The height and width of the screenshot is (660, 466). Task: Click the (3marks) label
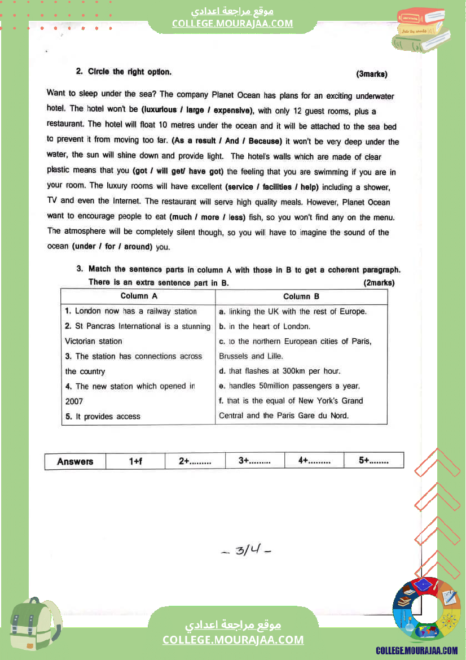371,74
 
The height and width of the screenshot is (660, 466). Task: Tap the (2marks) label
379,282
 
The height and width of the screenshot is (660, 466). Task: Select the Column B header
301,296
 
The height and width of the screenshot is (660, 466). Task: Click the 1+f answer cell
135,461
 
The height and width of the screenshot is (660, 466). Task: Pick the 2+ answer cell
195,461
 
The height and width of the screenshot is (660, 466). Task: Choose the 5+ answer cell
373,461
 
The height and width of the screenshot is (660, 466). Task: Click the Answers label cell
75,461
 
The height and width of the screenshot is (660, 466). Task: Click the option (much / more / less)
206,217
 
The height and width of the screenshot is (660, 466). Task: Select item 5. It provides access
103,416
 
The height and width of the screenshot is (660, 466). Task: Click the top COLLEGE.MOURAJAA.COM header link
232,23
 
